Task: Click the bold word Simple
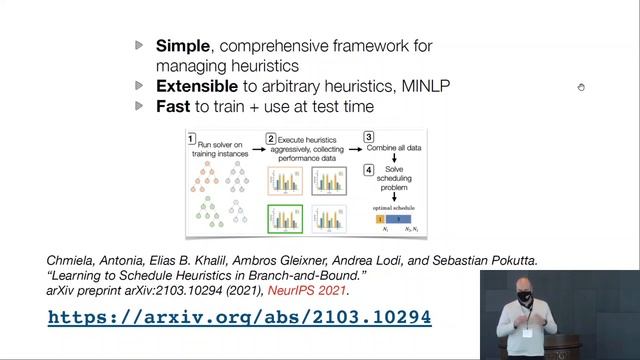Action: click(181, 45)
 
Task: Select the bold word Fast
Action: click(173, 106)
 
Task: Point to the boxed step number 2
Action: click(270, 137)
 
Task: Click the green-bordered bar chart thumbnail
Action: click(285, 217)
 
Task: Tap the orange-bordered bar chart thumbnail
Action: click(285, 180)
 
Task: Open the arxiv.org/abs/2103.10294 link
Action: click(239, 317)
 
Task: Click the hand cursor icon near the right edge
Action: click(581, 88)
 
